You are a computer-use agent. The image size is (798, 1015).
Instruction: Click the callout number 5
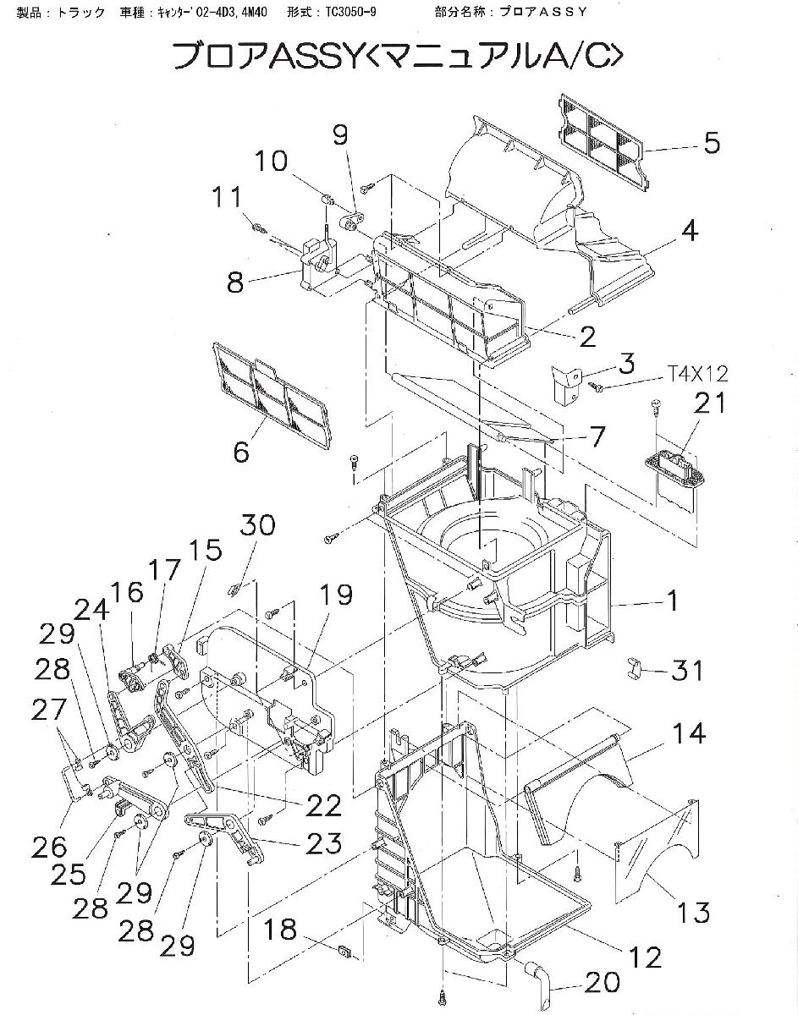click(712, 143)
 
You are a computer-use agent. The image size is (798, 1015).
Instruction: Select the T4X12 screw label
click(696, 373)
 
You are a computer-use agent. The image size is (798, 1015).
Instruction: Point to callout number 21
click(709, 402)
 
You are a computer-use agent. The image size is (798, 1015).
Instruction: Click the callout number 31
click(686, 671)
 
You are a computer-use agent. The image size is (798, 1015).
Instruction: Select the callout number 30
click(257, 525)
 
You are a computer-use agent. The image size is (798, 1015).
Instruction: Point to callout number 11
click(228, 196)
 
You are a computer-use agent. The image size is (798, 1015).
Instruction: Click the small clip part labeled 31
click(635, 667)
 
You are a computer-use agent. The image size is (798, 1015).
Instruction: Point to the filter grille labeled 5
click(603, 143)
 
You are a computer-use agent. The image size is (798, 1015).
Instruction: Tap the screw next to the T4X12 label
click(597, 386)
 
